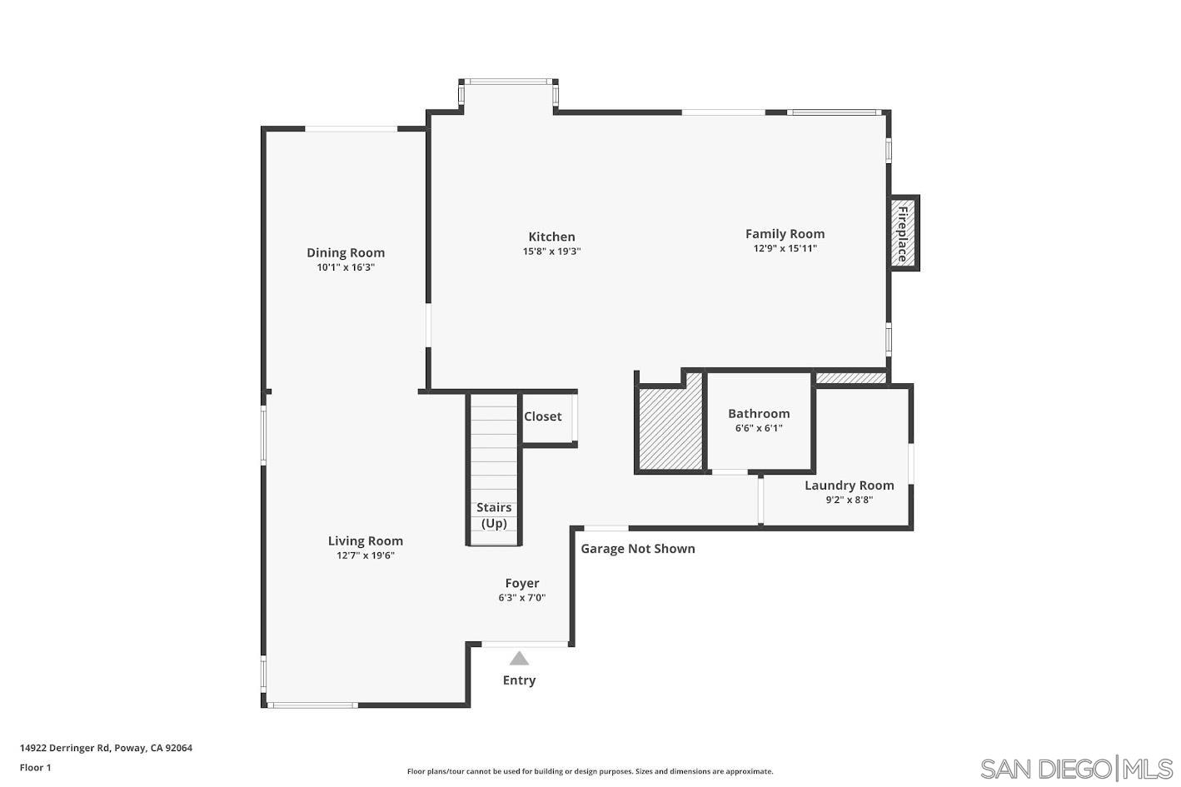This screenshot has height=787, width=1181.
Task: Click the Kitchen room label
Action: click(551, 237)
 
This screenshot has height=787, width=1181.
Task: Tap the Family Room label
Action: click(785, 234)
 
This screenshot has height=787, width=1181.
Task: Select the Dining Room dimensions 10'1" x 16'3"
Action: click(346, 267)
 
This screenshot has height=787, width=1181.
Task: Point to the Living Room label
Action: click(365, 540)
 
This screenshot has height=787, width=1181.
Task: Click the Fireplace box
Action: click(903, 233)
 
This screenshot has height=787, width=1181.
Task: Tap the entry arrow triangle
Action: click(519, 659)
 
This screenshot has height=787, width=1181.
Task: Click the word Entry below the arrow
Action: click(519, 680)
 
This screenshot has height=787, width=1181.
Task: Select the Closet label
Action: click(542, 416)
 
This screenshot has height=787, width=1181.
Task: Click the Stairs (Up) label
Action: click(494, 516)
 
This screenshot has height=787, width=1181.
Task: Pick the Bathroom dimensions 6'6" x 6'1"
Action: click(758, 428)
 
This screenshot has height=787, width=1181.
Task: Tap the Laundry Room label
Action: click(849, 485)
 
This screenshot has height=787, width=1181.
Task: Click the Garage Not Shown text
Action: click(637, 548)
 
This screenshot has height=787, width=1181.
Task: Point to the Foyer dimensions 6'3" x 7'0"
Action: click(522, 597)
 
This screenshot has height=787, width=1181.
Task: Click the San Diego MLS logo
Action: click(1076, 767)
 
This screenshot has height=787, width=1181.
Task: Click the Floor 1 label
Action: click(35, 767)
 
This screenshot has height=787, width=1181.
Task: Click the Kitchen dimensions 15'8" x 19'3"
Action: click(551, 251)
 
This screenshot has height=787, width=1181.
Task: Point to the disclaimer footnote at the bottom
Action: click(590, 771)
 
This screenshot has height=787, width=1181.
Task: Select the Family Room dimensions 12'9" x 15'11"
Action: click(785, 248)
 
